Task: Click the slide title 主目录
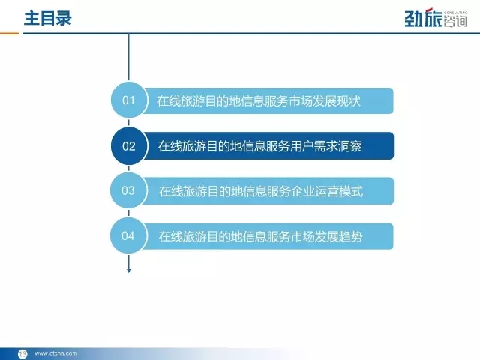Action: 48,18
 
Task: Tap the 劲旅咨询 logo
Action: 436,18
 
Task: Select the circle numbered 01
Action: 129,100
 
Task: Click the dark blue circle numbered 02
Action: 129,146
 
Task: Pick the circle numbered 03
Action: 128,190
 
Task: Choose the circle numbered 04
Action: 128,235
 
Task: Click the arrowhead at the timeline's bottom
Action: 128,270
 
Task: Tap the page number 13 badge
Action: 22,353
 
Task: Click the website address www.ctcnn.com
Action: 56,353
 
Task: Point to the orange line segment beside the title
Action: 9,33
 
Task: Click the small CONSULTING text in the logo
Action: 455,13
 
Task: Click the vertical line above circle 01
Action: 128,57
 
